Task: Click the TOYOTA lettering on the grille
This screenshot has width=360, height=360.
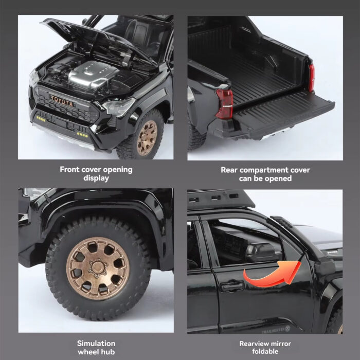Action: tap(62, 101)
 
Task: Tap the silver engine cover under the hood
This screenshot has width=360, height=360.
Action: tap(92, 74)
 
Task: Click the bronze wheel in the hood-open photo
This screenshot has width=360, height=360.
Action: tap(147, 138)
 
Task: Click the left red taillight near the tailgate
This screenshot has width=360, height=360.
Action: tap(224, 104)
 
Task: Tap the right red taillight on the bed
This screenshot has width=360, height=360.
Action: tap(311, 78)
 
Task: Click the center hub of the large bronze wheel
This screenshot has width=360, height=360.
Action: tap(98, 268)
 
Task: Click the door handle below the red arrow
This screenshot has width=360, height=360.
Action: tap(232, 286)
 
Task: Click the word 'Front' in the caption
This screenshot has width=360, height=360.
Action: tap(69, 170)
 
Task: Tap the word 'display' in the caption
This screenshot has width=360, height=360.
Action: tap(96, 178)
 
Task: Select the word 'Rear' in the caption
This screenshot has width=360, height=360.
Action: tap(229, 170)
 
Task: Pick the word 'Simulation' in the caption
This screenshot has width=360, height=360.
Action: tap(96, 344)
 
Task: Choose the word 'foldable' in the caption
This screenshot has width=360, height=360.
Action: tap(265, 351)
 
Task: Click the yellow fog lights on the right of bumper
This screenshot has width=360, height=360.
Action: tap(82, 135)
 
